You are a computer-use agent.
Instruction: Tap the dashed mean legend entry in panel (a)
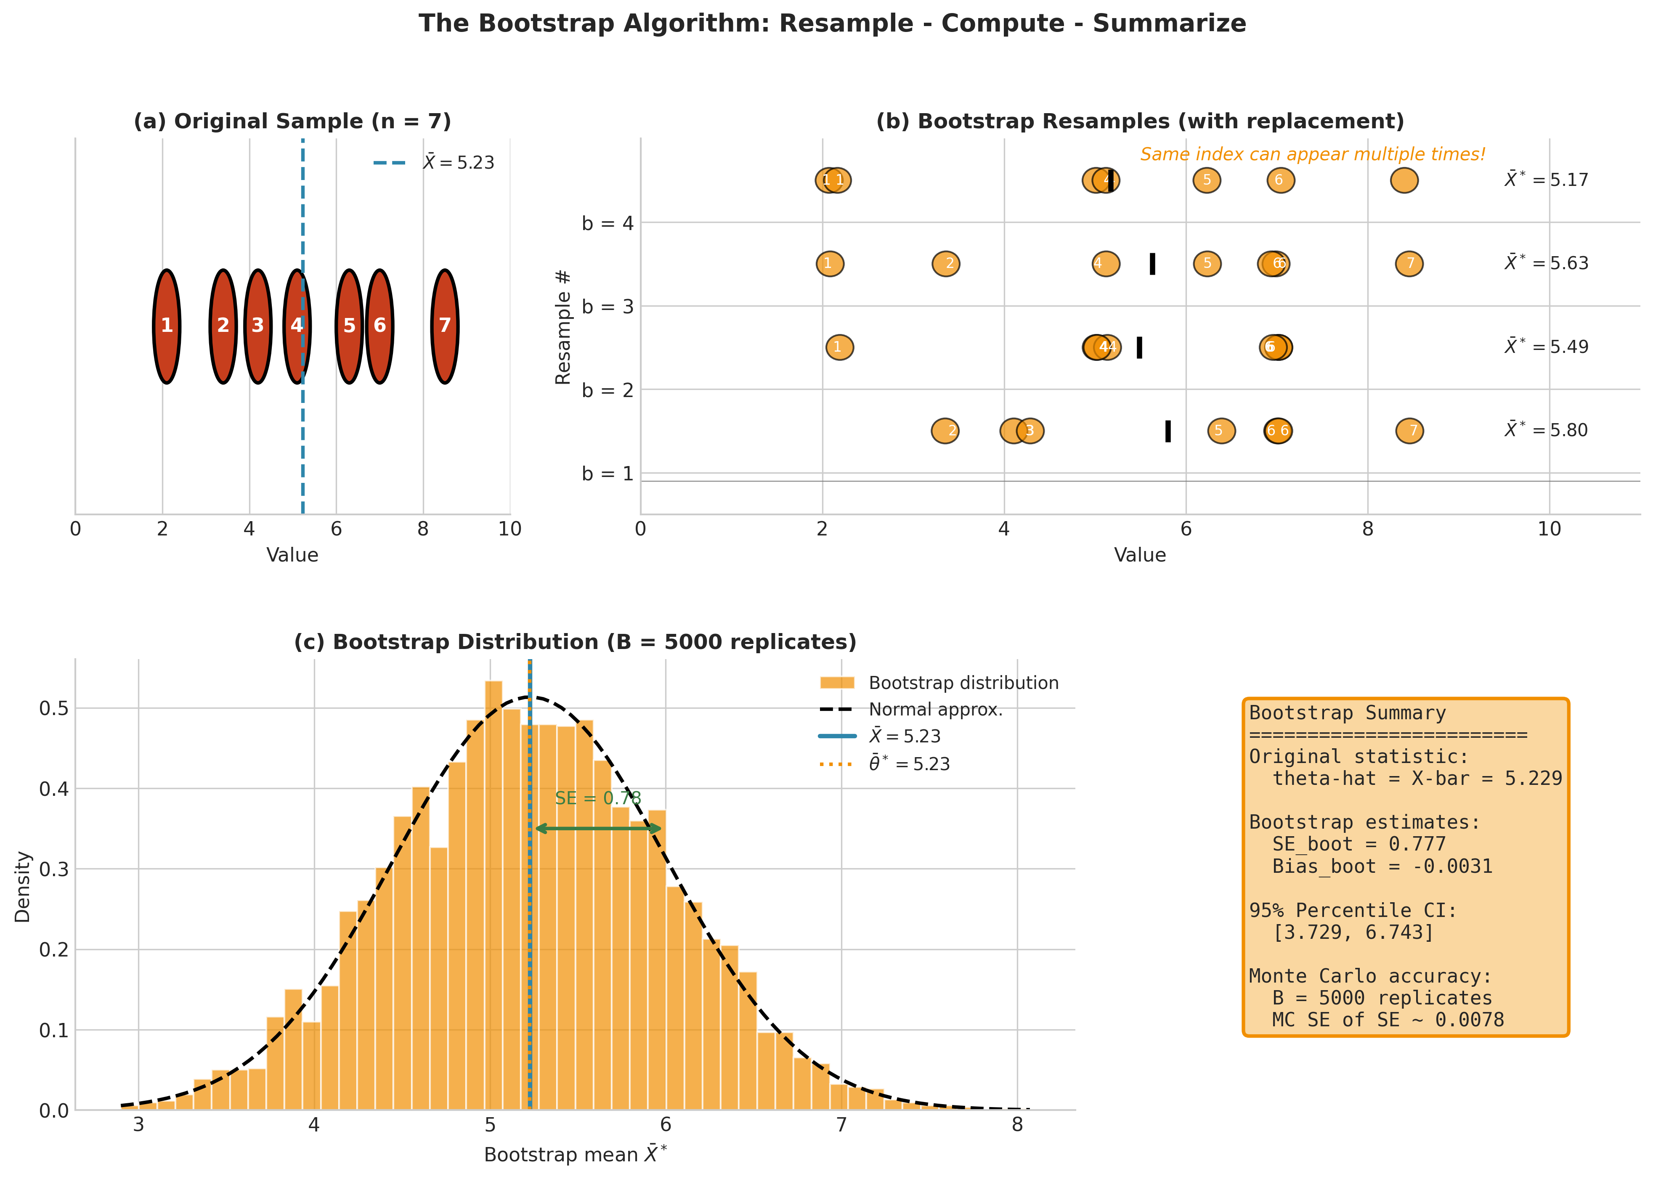(x=433, y=163)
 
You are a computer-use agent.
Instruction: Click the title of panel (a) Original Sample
(x=292, y=121)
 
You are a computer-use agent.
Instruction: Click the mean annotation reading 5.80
(x=1546, y=430)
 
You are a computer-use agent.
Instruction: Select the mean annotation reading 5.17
(x=1546, y=179)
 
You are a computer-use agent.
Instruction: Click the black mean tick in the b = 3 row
(x=1152, y=264)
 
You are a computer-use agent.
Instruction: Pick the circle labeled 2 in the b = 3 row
(x=946, y=264)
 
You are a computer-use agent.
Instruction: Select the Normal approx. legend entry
(x=934, y=709)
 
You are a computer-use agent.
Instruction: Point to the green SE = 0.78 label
(x=597, y=798)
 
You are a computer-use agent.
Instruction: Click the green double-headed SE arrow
(x=597, y=828)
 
